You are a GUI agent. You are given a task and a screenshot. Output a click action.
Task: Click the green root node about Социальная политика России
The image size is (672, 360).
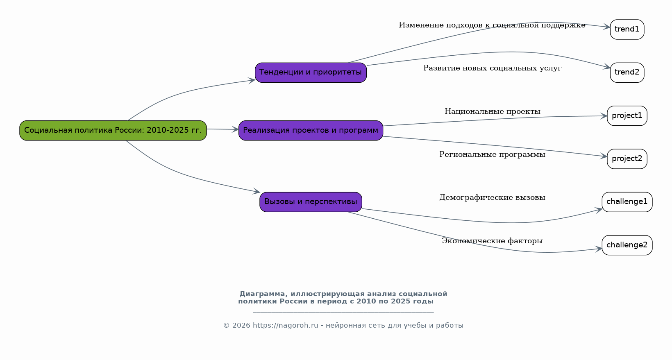pyautogui.click(x=113, y=130)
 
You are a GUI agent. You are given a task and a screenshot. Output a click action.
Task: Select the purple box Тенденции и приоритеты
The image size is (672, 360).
pyautogui.click(x=311, y=72)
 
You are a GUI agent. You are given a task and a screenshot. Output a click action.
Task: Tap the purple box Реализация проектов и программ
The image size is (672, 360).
pyautogui.click(x=311, y=130)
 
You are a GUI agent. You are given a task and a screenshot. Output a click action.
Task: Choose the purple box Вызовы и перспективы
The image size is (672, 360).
pyautogui.click(x=311, y=202)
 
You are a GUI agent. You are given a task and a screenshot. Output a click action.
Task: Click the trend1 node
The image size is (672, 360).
pyautogui.click(x=627, y=29)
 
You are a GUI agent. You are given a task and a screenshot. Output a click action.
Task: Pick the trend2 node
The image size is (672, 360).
pyautogui.click(x=627, y=72)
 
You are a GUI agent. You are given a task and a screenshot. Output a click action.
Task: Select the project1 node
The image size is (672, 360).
pyautogui.click(x=627, y=116)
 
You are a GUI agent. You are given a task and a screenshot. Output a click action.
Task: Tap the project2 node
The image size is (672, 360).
pyautogui.click(x=627, y=159)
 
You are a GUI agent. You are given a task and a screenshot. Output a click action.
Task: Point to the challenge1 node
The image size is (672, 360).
pyautogui.click(x=627, y=202)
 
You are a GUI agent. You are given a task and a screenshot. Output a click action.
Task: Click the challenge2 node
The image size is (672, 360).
pyautogui.click(x=627, y=245)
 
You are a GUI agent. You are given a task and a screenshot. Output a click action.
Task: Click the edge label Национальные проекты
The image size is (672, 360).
pyautogui.click(x=492, y=111)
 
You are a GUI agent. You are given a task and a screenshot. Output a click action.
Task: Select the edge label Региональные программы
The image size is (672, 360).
pyautogui.click(x=492, y=155)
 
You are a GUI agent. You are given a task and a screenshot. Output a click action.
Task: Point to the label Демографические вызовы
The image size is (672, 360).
pyautogui.click(x=492, y=197)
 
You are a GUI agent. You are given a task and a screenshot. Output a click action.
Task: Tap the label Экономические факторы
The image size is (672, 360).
pyautogui.click(x=492, y=241)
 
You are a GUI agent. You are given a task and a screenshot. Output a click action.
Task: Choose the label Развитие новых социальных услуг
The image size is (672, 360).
pyautogui.click(x=492, y=68)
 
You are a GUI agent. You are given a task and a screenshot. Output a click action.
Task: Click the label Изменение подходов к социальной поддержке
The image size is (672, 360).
pyautogui.click(x=492, y=25)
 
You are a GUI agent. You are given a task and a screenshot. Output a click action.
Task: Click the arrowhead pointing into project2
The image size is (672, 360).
pyautogui.click(x=604, y=156)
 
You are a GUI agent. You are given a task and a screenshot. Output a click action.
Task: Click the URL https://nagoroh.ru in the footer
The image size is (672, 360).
pyautogui.click(x=285, y=326)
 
